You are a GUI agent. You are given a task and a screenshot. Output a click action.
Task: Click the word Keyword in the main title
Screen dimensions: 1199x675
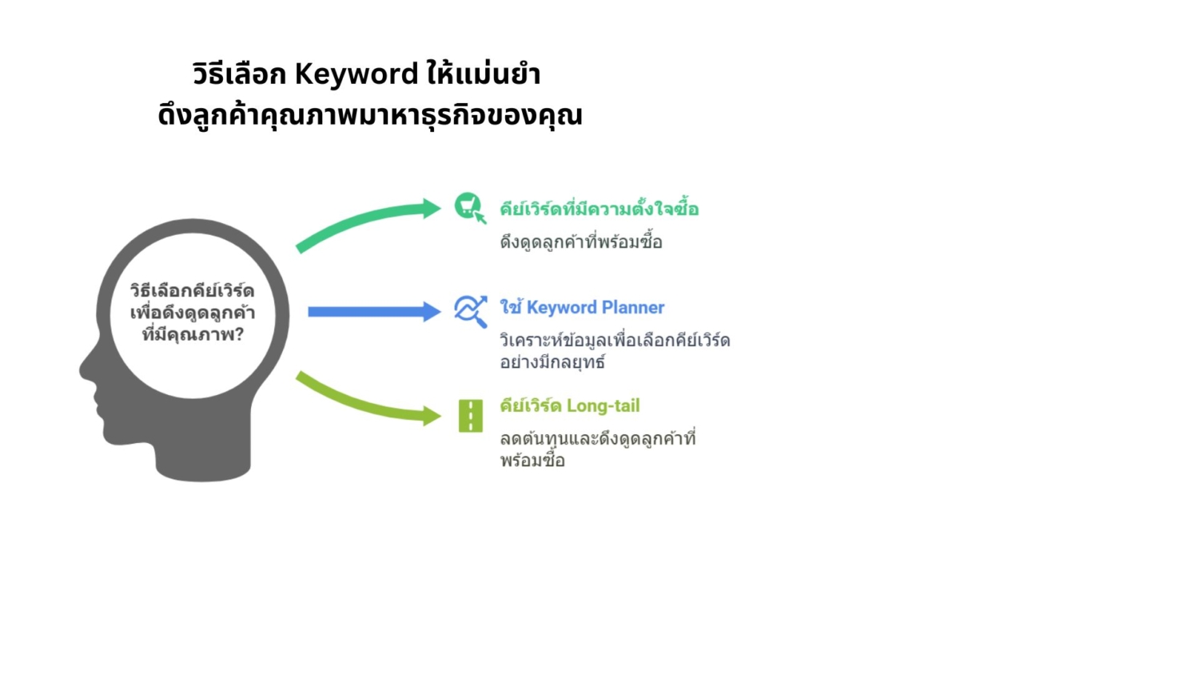357,74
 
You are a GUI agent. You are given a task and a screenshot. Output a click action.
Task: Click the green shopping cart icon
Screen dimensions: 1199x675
470,207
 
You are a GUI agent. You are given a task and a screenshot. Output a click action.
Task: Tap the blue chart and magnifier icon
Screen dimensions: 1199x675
471,311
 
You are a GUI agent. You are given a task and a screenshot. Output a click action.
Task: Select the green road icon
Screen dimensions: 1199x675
471,416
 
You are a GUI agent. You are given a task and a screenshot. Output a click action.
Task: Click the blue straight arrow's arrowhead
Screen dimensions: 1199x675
432,312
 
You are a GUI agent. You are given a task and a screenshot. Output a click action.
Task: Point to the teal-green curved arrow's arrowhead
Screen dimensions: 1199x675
432,209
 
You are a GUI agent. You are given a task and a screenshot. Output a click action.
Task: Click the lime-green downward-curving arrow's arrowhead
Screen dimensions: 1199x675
432,416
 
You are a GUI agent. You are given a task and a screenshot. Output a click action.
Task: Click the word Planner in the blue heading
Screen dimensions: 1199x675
633,307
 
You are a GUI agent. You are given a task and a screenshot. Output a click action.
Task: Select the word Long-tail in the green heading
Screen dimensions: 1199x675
603,406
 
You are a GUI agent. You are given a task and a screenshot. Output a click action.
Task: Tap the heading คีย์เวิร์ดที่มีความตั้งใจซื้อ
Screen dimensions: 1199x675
599,208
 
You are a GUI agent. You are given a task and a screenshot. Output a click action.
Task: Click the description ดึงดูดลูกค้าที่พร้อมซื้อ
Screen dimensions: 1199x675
581,242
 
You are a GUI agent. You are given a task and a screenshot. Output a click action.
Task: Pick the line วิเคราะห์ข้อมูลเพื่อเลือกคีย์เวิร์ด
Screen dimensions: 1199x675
615,340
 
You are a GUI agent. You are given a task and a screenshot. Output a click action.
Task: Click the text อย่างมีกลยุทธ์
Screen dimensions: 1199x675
552,362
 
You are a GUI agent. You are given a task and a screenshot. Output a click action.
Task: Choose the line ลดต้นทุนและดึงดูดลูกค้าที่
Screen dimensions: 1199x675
597,438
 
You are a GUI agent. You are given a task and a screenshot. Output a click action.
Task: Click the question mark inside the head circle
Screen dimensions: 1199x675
239,335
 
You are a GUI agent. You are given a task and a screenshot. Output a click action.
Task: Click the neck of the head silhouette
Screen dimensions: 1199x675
203,455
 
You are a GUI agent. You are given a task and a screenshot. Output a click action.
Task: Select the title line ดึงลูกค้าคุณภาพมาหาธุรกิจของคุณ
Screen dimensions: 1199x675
370,115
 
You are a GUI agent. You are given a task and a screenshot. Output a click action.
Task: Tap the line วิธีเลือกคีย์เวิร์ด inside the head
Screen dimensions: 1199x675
192,291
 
